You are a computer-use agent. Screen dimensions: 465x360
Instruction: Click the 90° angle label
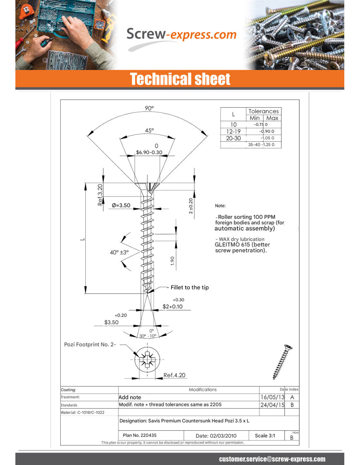pyautogui.click(x=149, y=108)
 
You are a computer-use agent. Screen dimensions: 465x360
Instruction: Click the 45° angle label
pyautogui.click(x=149, y=130)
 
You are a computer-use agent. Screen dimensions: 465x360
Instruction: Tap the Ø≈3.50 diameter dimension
pyautogui.click(x=121, y=205)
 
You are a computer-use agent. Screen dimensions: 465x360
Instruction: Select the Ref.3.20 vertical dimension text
pyautogui.click(x=100, y=195)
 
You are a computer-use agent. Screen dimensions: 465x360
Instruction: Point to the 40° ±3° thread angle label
pyautogui.click(x=119, y=252)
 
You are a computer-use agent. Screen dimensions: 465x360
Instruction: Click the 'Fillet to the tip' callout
pyautogui.click(x=189, y=287)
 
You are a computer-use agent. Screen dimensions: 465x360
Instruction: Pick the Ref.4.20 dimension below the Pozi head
pyautogui.click(x=174, y=375)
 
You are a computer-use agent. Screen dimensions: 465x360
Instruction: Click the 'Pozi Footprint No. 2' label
pyautogui.click(x=90, y=344)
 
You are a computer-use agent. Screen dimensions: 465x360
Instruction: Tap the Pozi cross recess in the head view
pyautogui.click(x=147, y=360)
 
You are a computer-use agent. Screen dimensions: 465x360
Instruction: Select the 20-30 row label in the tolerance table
pyautogui.click(x=233, y=138)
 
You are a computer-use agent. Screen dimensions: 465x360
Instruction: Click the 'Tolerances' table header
pyautogui.click(x=263, y=111)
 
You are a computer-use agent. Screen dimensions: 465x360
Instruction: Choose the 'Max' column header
pyautogui.click(x=272, y=118)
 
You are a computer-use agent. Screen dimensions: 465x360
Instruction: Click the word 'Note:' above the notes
pyautogui.click(x=220, y=206)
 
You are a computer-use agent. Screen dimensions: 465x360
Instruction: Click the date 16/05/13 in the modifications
pyautogui.click(x=272, y=397)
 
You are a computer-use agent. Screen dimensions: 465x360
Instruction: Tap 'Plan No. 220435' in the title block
pyautogui.click(x=140, y=435)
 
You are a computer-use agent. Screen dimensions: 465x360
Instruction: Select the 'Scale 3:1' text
pyautogui.click(x=265, y=436)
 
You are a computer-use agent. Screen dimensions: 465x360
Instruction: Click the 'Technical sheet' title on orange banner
pyautogui.click(x=180, y=79)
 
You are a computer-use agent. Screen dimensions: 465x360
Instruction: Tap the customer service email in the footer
pyautogui.click(x=272, y=459)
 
